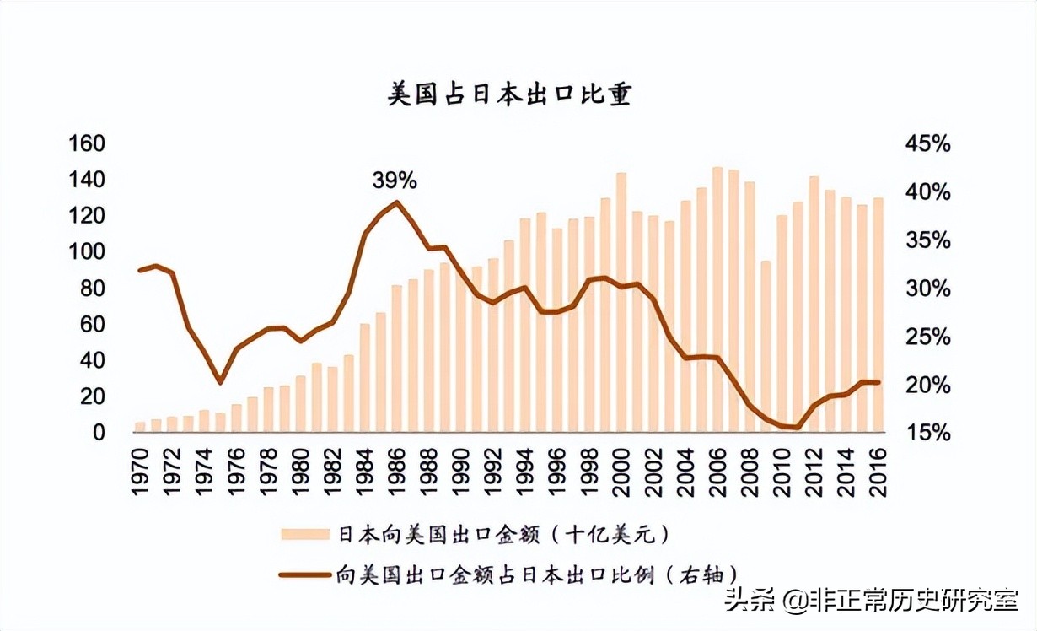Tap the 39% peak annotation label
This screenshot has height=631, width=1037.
(395, 180)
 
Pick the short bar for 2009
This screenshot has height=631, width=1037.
(766, 346)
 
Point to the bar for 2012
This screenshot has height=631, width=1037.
(814, 304)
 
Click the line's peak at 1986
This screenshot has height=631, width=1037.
(397, 202)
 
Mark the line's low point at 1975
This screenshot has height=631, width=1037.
(220, 382)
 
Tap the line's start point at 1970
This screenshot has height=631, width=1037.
(140, 271)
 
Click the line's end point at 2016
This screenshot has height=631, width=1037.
(878, 382)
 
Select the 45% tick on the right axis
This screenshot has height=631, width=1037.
(927, 144)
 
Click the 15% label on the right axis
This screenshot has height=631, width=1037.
(927, 432)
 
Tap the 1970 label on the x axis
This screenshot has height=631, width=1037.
(141, 472)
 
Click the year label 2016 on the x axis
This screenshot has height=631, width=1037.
(878, 472)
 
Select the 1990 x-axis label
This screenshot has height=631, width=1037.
(461, 472)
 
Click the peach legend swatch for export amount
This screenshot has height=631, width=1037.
(304, 534)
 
